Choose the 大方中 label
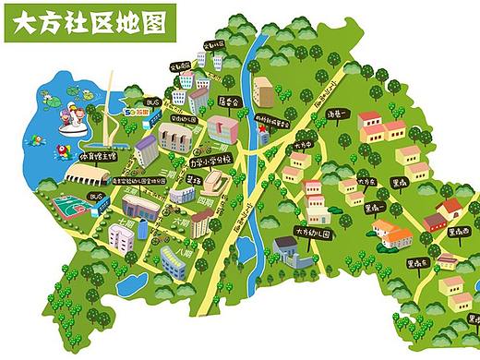(x=304, y=146)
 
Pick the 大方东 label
(x=367, y=182)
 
